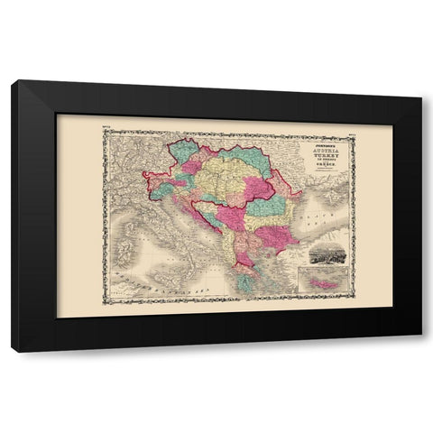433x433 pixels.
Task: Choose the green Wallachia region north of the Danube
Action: coord(267,208)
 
